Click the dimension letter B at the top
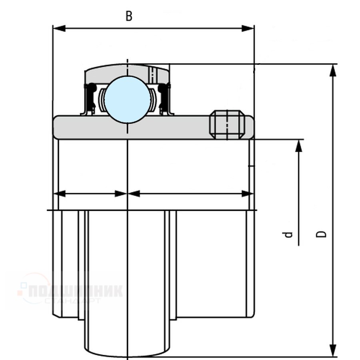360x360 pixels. click(x=128, y=16)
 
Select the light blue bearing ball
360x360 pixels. click(x=128, y=99)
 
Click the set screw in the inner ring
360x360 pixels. click(x=227, y=124)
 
